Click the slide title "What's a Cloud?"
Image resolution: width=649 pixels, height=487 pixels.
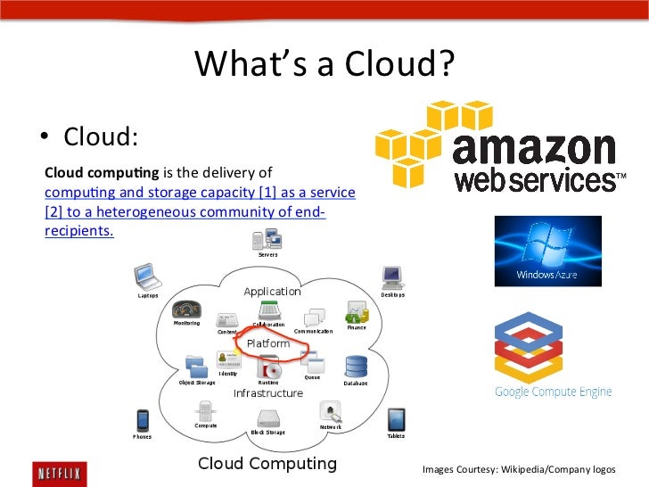point(324,64)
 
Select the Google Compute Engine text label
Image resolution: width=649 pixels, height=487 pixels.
point(554,392)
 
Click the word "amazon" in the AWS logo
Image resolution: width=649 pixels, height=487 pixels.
point(534,149)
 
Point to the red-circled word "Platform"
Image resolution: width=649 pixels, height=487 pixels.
point(267,343)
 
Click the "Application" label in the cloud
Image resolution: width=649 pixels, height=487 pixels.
point(272,292)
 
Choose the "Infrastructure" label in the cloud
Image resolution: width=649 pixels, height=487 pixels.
point(267,393)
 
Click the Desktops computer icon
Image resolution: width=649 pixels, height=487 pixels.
point(391,277)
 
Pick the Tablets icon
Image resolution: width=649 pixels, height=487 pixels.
point(396,419)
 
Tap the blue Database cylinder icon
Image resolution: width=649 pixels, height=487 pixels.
point(357,367)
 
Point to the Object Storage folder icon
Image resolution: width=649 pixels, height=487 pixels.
point(197,366)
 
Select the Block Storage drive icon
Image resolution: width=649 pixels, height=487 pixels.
point(268,417)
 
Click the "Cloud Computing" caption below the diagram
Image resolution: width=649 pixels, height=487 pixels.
point(267,463)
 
